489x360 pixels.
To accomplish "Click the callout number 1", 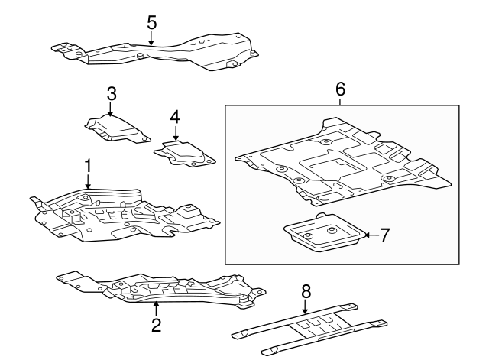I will coord(88,164).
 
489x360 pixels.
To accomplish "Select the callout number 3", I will coord(112,93).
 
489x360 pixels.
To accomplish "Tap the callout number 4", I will coord(175,117).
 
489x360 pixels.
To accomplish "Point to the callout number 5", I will coord(151,22).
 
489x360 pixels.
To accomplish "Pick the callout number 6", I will coord(341,89).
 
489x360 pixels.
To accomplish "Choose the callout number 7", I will coord(384,235).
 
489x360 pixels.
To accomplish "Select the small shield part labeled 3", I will coord(115,127).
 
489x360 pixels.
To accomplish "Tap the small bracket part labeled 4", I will coord(186,153).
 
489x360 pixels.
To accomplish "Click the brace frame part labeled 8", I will coord(309,329).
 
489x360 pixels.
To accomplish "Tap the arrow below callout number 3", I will coord(112,109).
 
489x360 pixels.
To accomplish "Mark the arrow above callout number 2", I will coord(156,308).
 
